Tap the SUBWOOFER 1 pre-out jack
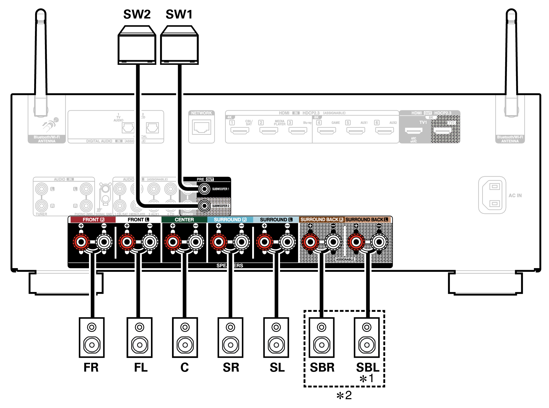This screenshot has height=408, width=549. [204, 189]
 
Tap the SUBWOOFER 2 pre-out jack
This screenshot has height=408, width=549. [204, 206]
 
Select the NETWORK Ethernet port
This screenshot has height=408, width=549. [202, 127]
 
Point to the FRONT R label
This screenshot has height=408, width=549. [93, 219]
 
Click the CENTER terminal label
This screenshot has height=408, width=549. [184, 219]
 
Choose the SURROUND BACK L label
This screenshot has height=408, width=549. [366, 219]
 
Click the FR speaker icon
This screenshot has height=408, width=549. [92, 337]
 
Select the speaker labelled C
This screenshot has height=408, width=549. [185, 337]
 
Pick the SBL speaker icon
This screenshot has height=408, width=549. [366, 337]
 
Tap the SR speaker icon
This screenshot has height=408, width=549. [230, 337]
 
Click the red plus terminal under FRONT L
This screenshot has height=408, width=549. [127, 242]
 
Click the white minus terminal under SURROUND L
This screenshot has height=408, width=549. [287, 242]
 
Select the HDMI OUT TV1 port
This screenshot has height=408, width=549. [414, 131]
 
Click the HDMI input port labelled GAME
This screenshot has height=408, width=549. [326, 131]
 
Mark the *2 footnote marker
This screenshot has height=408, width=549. [344, 395]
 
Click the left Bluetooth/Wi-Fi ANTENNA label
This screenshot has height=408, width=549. [47, 139]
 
